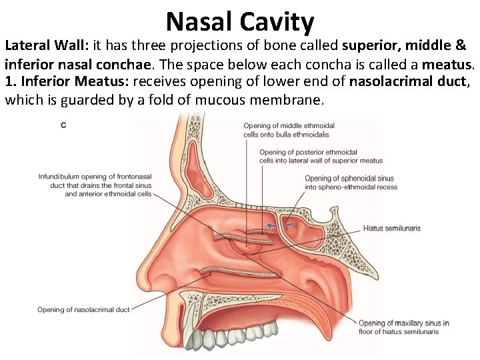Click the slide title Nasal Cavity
tap(240, 21)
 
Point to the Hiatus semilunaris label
tap(391, 229)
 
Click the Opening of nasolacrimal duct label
tap(83, 309)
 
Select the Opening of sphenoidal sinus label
tap(351, 183)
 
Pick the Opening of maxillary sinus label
tap(403, 327)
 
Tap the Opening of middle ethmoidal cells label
tap(289, 130)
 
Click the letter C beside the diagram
tap(63, 125)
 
